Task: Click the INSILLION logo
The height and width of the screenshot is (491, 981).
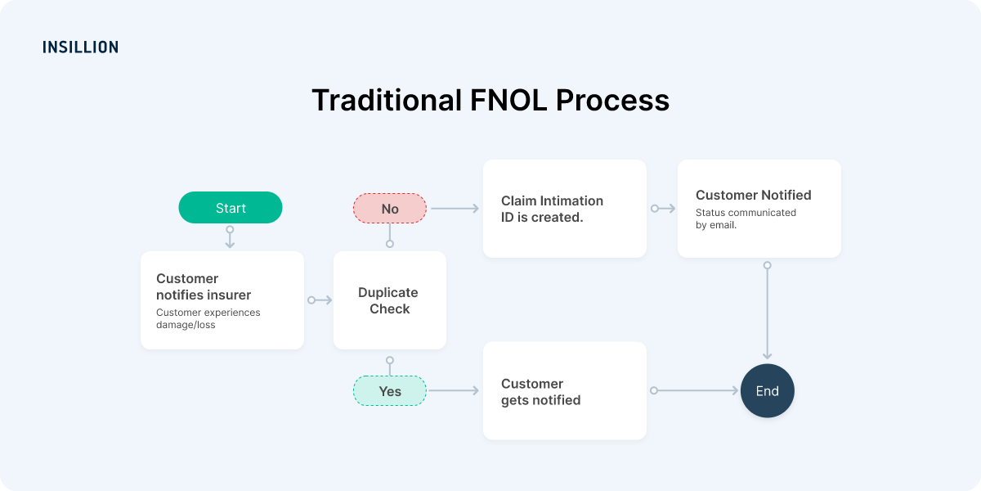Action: click(80, 47)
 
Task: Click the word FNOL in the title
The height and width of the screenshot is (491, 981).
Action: click(507, 101)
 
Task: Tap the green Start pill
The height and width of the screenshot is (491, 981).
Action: click(231, 208)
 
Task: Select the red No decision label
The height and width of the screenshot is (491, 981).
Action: click(390, 209)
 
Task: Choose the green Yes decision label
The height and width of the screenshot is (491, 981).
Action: click(390, 391)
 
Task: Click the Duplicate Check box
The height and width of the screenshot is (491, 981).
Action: click(389, 300)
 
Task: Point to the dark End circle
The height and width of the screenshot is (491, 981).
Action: click(767, 391)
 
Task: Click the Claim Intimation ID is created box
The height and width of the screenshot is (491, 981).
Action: click(564, 209)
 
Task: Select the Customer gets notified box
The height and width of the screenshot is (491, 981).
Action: click(564, 391)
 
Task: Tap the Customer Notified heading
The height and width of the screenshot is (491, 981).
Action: click(753, 195)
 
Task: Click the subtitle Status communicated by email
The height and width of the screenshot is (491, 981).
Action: click(745, 218)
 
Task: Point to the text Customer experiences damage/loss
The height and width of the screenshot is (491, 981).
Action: click(208, 318)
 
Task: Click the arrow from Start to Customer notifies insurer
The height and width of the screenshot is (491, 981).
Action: click(230, 237)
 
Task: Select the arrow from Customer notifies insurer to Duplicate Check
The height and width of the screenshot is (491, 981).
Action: click(320, 300)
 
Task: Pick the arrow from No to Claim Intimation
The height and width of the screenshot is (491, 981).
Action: click(455, 209)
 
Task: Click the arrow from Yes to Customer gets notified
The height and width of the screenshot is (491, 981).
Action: click(454, 391)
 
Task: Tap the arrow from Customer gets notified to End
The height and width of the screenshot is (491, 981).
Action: click(695, 391)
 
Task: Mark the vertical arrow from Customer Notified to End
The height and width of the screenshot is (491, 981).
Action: click(767, 311)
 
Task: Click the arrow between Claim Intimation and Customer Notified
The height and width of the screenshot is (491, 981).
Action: click(663, 209)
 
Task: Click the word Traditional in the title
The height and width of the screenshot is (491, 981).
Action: click(386, 101)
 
